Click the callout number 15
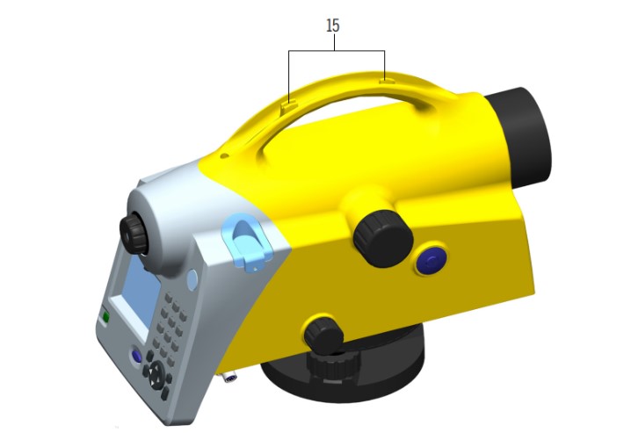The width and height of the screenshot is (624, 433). point(333,25)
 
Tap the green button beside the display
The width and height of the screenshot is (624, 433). point(105,316)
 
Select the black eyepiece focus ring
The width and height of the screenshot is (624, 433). point(134,235)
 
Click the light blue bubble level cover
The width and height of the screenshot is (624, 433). point(247,242)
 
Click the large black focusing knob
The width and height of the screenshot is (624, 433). point(383,239)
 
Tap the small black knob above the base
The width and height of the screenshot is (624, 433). point(323,335)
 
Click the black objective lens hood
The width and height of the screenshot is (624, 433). point(519,137)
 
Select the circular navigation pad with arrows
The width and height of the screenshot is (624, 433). point(156,374)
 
